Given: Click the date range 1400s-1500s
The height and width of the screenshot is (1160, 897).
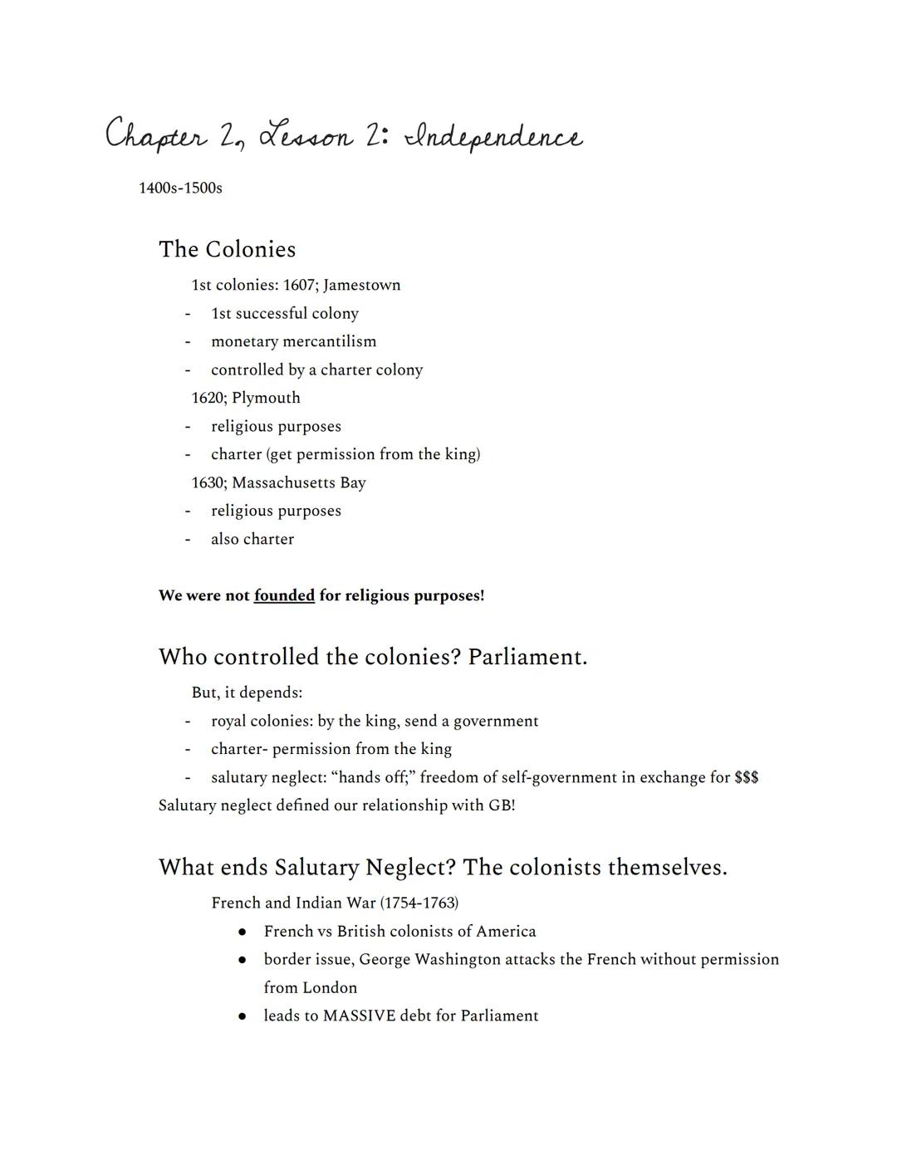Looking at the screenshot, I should click(x=180, y=188).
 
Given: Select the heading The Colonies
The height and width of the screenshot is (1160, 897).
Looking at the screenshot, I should click(x=227, y=249).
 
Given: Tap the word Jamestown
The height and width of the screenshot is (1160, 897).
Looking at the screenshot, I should click(x=361, y=285).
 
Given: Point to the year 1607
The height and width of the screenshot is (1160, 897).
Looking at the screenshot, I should click(x=297, y=285).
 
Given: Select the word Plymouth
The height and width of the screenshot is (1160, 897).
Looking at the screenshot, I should click(x=266, y=398).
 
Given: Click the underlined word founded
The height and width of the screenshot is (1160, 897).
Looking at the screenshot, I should click(x=284, y=595).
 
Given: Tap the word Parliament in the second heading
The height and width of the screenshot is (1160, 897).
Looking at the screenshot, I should click(x=527, y=657).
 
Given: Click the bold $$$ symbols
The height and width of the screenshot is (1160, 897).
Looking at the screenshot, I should click(x=746, y=777).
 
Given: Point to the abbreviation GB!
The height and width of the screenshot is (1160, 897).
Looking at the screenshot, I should click(x=502, y=805).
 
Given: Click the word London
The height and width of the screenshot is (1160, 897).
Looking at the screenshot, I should click(x=328, y=987).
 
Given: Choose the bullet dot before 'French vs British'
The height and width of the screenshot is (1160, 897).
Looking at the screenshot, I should click(x=242, y=932).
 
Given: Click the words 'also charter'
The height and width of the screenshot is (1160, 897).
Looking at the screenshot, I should click(x=252, y=539).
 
